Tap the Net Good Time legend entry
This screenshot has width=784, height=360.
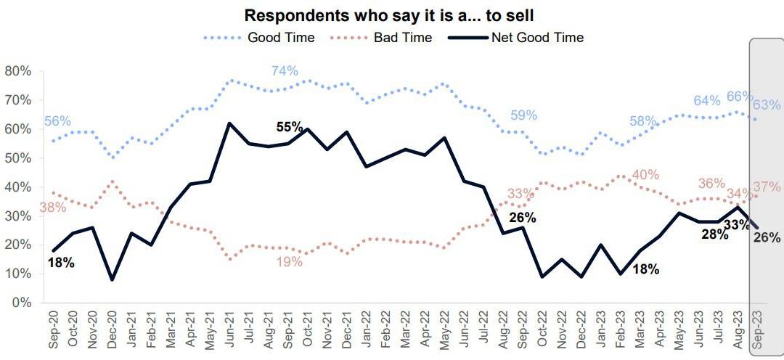[x=536, y=37]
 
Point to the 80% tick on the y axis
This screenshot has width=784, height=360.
[x=17, y=71]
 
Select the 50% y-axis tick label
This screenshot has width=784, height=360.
[x=17, y=158]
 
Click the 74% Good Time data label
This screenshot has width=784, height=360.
[x=285, y=70]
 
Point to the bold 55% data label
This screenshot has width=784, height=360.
[x=290, y=126]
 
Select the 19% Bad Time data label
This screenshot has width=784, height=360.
[x=289, y=262]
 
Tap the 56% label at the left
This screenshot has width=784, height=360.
[x=58, y=121]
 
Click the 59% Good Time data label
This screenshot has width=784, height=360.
[x=523, y=115]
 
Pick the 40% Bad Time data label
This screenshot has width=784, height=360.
[x=645, y=174]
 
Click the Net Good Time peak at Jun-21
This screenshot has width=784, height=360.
[x=229, y=123]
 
